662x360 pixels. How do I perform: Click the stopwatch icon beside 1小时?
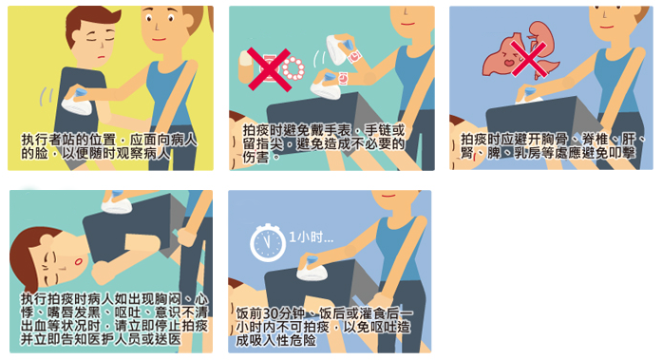(268, 242)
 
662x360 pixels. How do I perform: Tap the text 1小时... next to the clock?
(311, 237)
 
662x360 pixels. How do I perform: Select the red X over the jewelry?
(269, 69)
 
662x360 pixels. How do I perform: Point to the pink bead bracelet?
(293, 68)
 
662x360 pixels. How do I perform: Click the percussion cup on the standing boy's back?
(76, 102)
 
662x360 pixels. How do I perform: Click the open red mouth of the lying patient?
(78, 262)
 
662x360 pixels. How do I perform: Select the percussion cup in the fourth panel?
(117, 201)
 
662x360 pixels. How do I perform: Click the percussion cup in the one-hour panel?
(312, 269)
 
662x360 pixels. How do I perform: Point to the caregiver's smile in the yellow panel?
(160, 39)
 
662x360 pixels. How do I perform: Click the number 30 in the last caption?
(271, 313)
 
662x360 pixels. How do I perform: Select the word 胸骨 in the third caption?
(555, 139)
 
